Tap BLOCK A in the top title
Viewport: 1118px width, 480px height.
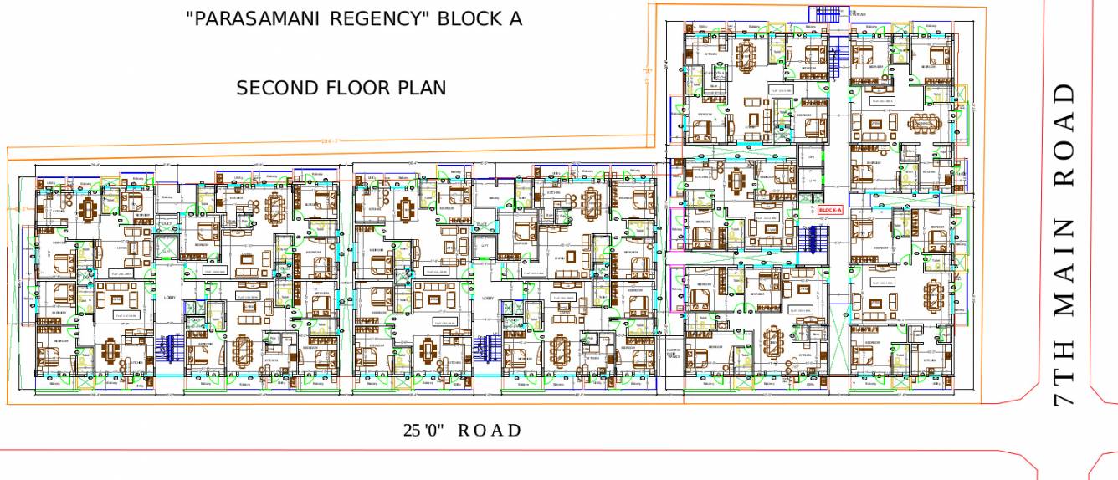[x=481, y=19]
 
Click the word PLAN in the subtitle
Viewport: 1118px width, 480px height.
[x=421, y=88]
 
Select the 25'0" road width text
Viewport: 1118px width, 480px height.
[x=423, y=431]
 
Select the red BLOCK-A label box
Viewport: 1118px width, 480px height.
[x=828, y=210]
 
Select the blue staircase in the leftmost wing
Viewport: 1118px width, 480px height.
[x=171, y=348]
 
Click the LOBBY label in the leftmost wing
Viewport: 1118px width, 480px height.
[x=170, y=296]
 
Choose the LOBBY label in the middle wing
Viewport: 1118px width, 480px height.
[x=488, y=297]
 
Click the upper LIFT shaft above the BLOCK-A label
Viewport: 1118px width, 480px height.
[x=810, y=156]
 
